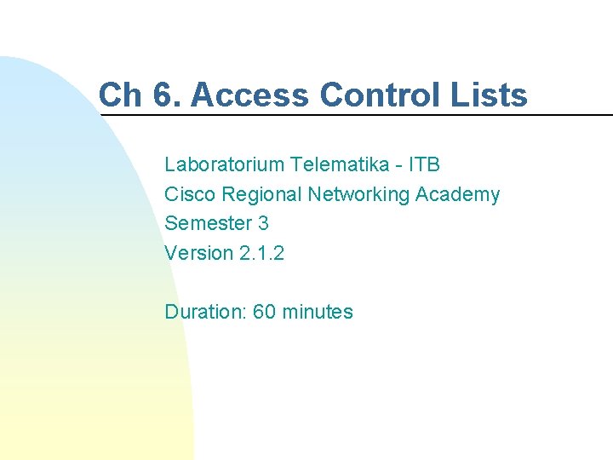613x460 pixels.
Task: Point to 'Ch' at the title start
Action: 119,95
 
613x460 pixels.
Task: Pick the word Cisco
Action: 190,194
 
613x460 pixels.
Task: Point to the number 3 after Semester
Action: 263,223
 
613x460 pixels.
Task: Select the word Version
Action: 198,253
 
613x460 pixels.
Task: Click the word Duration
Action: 205,312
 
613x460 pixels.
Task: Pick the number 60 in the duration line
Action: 264,312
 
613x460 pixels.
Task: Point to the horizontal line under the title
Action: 358,114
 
